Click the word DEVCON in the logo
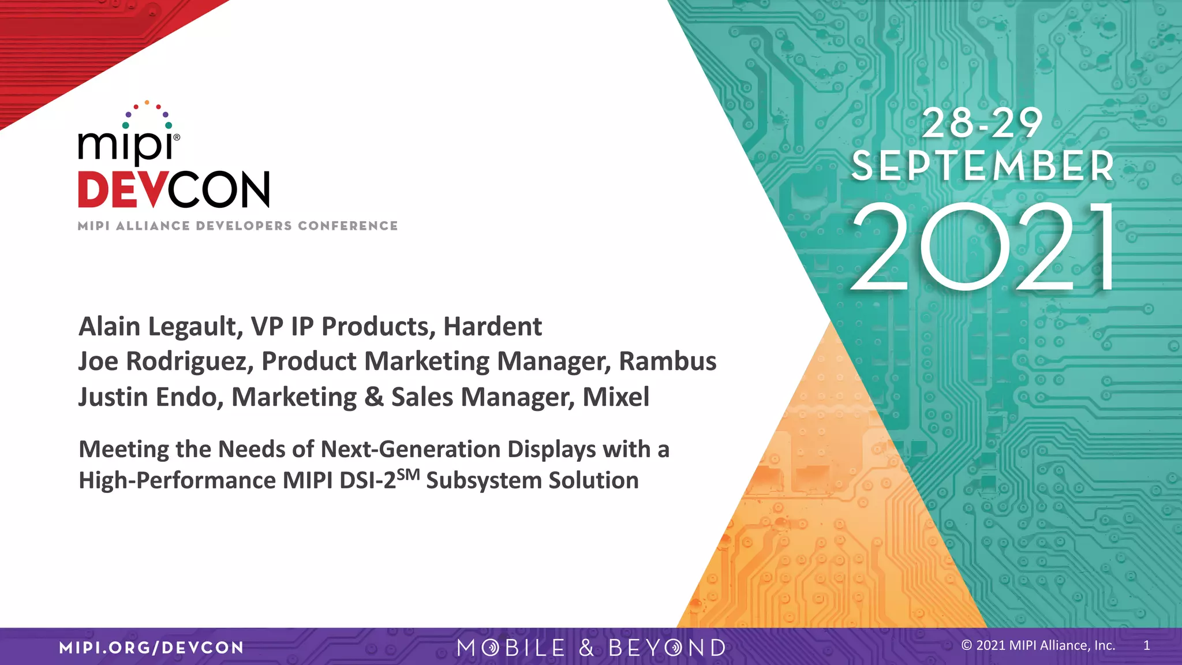(x=174, y=189)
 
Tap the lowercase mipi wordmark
(x=126, y=145)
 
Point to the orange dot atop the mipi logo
(x=147, y=102)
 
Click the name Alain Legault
(x=158, y=327)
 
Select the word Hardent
(x=492, y=327)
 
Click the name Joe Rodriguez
(x=165, y=361)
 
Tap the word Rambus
(x=667, y=361)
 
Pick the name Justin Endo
(x=150, y=397)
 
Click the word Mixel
(x=616, y=397)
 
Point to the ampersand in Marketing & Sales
(x=374, y=397)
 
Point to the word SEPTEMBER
(x=982, y=166)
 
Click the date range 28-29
(x=982, y=124)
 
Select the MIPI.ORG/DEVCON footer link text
(x=151, y=647)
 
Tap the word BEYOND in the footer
(x=667, y=648)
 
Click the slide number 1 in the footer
(x=1147, y=645)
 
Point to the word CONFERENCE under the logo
(x=347, y=226)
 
